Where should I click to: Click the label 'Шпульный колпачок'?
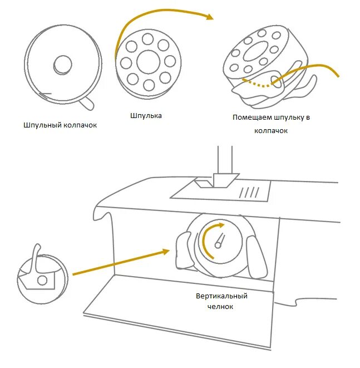click(61, 125)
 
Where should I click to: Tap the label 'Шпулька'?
click(146, 116)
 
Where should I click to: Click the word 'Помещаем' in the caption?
click(250, 117)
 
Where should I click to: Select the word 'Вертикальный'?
click(221, 296)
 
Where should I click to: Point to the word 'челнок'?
click(221, 306)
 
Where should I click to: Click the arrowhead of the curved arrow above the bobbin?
click(210, 18)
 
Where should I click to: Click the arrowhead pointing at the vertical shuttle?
click(165, 252)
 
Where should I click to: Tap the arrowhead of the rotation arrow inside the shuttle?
click(221, 225)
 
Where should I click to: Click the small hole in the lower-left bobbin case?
click(42, 279)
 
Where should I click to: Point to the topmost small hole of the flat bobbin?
click(148, 38)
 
